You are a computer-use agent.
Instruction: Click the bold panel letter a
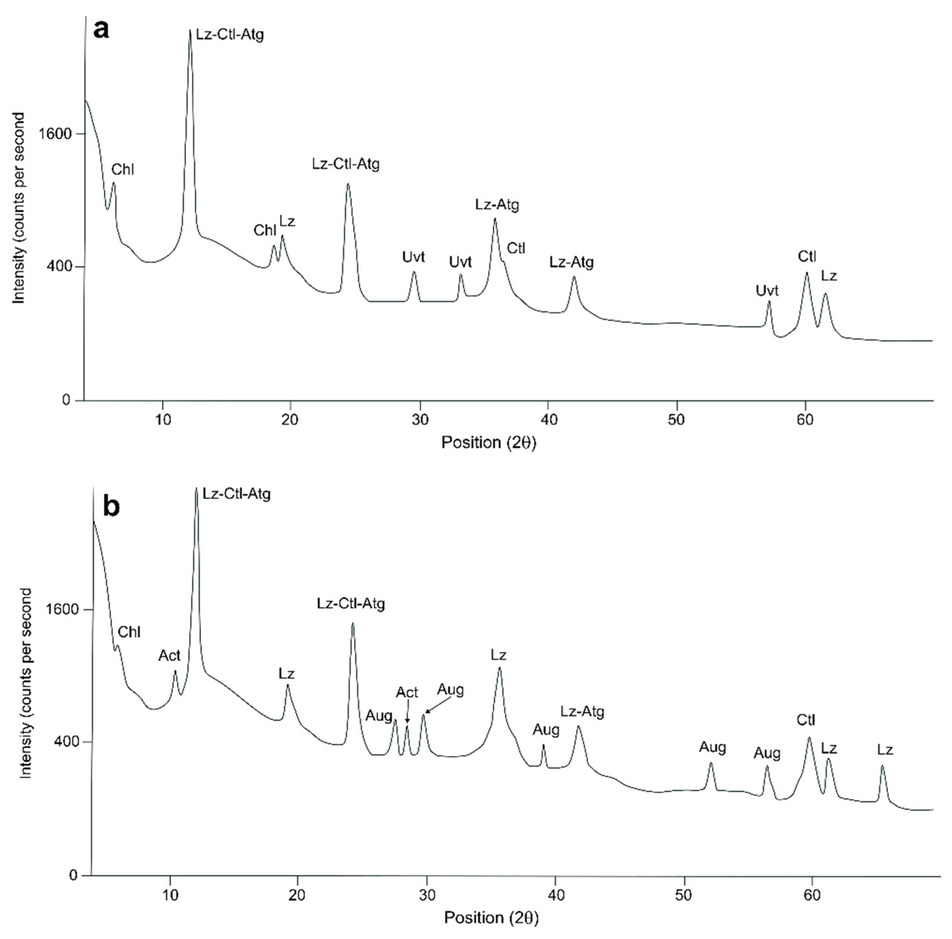[x=101, y=30]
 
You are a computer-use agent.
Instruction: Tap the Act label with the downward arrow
[x=407, y=692]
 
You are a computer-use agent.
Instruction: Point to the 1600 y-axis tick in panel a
[x=56, y=134]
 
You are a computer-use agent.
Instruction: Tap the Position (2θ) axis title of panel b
[x=491, y=917]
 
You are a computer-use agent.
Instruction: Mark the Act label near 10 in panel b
[x=169, y=656]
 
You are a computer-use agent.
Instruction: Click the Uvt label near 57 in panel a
[x=767, y=291]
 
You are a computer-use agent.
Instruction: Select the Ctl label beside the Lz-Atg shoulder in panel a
[x=516, y=249]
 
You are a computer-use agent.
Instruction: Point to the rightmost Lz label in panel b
[x=885, y=750]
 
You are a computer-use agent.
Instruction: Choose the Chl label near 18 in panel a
[x=264, y=230]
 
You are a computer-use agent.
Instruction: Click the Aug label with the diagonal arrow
[x=450, y=689]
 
